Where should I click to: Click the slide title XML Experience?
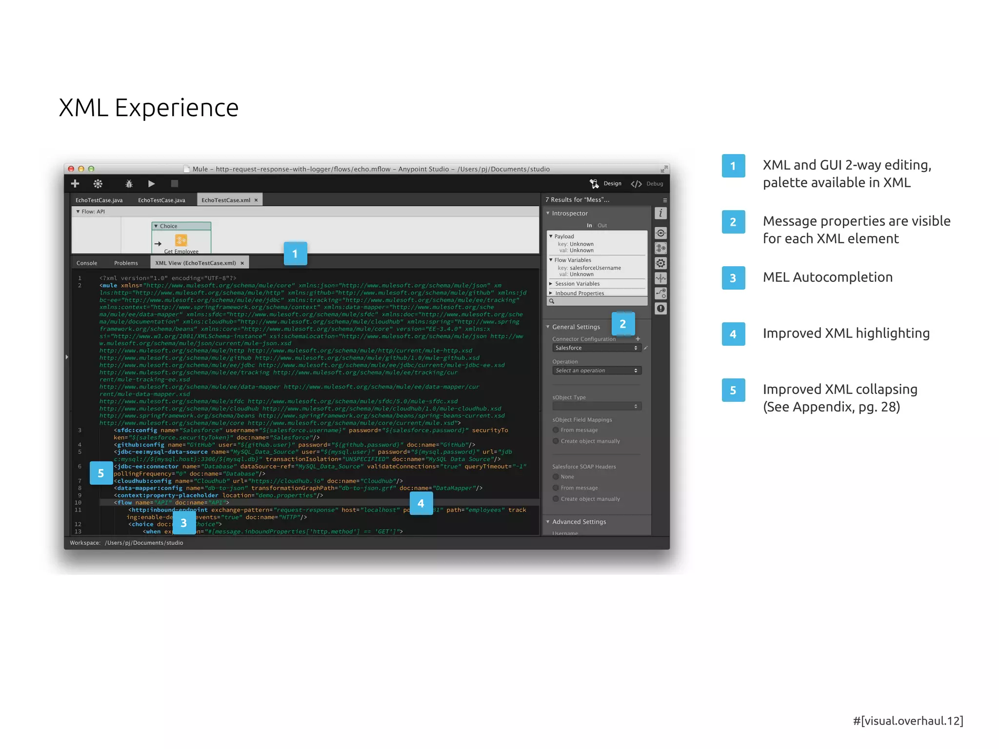tap(148, 108)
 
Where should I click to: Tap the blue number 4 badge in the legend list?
tap(733, 334)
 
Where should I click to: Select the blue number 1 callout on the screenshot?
tap(295, 254)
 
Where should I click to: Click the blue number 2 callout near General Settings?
tap(622, 324)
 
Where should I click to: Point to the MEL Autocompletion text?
tap(827, 277)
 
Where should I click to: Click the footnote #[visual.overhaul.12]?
tap(908, 721)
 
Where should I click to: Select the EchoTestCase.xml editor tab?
tap(226, 200)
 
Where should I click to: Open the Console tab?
tap(87, 263)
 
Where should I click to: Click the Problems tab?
tap(126, 263)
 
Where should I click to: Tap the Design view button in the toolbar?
tap(606, 183)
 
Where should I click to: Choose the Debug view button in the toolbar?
tap(647, 183)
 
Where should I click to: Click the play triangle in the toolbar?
tap(151, 183)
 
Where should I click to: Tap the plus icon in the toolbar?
tap(75, 183)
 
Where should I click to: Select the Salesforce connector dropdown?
tap(596, 348)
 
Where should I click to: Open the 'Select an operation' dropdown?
tap(596, 371)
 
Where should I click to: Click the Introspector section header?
tap(570, 213)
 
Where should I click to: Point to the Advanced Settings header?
tap(579, 521)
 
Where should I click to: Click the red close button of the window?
tap(71, 169)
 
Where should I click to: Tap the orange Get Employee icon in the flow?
tap(181, 240)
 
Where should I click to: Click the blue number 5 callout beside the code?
tap(101, 473)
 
